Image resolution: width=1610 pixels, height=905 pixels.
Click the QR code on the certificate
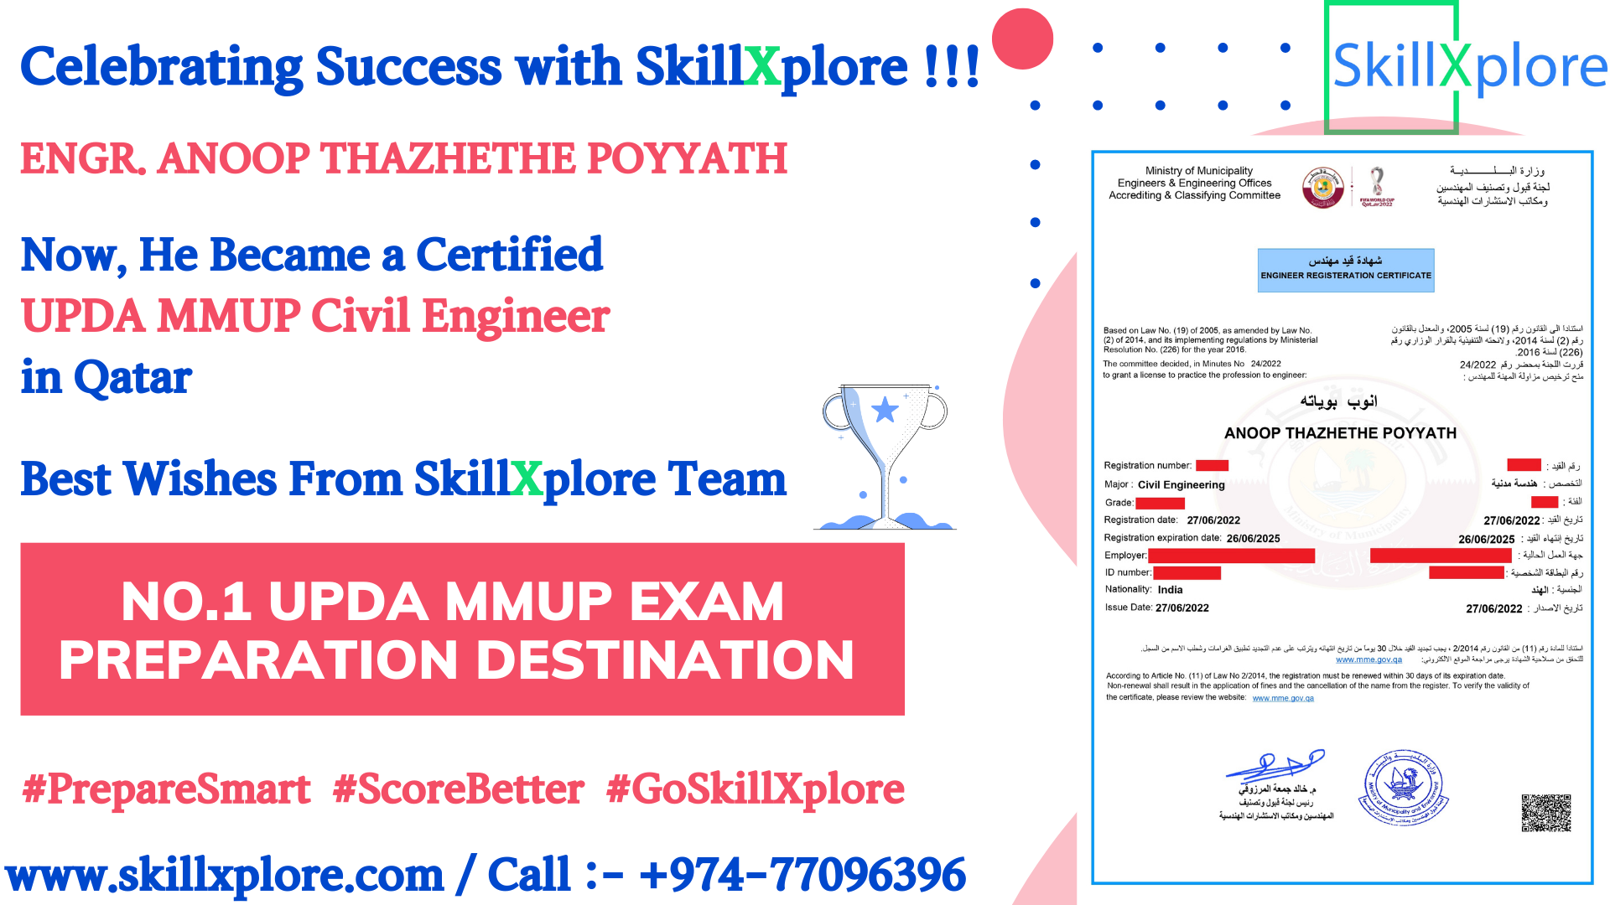click(x=1545, y=812)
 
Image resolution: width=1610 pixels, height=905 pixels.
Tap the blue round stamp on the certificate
click(x=1403, y=787)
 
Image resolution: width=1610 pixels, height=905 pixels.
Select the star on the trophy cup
click(x=885, y=410)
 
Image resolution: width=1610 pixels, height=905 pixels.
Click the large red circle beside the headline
click(x=1022, y=39)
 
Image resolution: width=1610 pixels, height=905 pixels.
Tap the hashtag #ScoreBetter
click(x=458, y=789)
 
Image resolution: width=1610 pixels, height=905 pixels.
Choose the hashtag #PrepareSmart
click(x=167, y=789)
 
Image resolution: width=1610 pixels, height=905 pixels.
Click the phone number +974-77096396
click(x=802, y=875)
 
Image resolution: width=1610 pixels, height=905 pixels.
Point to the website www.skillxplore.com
click(x=225, y=875)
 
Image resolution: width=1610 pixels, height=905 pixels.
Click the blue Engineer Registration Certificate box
click(x=1345, y=270)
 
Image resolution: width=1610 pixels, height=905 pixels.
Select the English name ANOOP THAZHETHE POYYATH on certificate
click(x=1340, y=433)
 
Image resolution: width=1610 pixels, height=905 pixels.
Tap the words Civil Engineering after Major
click(x=1181, y=484)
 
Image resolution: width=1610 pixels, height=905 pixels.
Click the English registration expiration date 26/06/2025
click(x=1253, y=538)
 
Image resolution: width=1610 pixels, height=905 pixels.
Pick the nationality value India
click(x=1170, y=590)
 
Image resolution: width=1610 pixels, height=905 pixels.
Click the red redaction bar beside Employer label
click(x=1231, y=556)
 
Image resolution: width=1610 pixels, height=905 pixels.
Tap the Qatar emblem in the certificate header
click(x=1322, y=187)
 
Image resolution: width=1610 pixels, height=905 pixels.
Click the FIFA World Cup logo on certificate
click(x=1377, y=186)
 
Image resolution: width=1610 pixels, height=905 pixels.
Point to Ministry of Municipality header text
click(x=1198, y=170)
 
